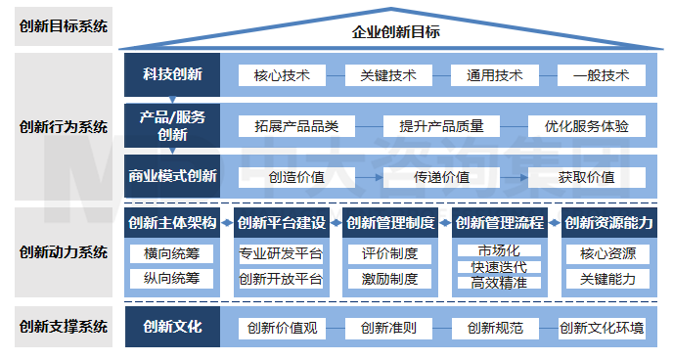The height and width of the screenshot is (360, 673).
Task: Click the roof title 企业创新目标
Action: [x=396, y=31]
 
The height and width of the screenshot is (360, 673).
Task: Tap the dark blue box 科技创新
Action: [x=172, y=75]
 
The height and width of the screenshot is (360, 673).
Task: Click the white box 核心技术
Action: [x=282, y=75]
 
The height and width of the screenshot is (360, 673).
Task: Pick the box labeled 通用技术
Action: [x=494, y=75]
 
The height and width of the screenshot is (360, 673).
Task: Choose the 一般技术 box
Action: [x=601, y=75]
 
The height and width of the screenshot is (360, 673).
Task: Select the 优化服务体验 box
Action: [x=587, y=126]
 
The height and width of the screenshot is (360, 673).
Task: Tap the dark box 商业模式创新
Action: [x=172, y=177]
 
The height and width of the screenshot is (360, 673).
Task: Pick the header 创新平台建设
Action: [x=281, y=223]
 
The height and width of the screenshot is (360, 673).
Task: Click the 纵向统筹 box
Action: [x=171, y=279]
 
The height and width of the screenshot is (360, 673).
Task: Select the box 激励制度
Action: [x=389, y=279]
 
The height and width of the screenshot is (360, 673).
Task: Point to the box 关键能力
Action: [x=607, y=279]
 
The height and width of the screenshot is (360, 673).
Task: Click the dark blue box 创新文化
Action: [x=172, y=327]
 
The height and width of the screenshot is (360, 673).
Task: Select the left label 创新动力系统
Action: [x=64, y=251]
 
